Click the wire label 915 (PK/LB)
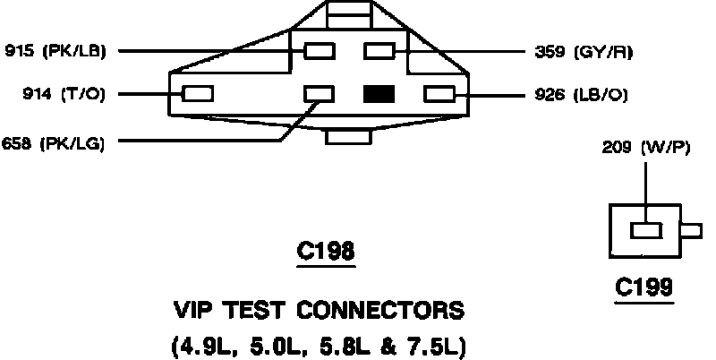[55, 51]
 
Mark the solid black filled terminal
[379, 92]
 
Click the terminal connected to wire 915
[320, 51]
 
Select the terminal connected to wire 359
[379, 51]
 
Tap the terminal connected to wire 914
[198, 92]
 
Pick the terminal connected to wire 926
[439, 92]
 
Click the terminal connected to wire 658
[320, 92]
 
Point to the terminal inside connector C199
[646, 230]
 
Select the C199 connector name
[644, 288]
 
